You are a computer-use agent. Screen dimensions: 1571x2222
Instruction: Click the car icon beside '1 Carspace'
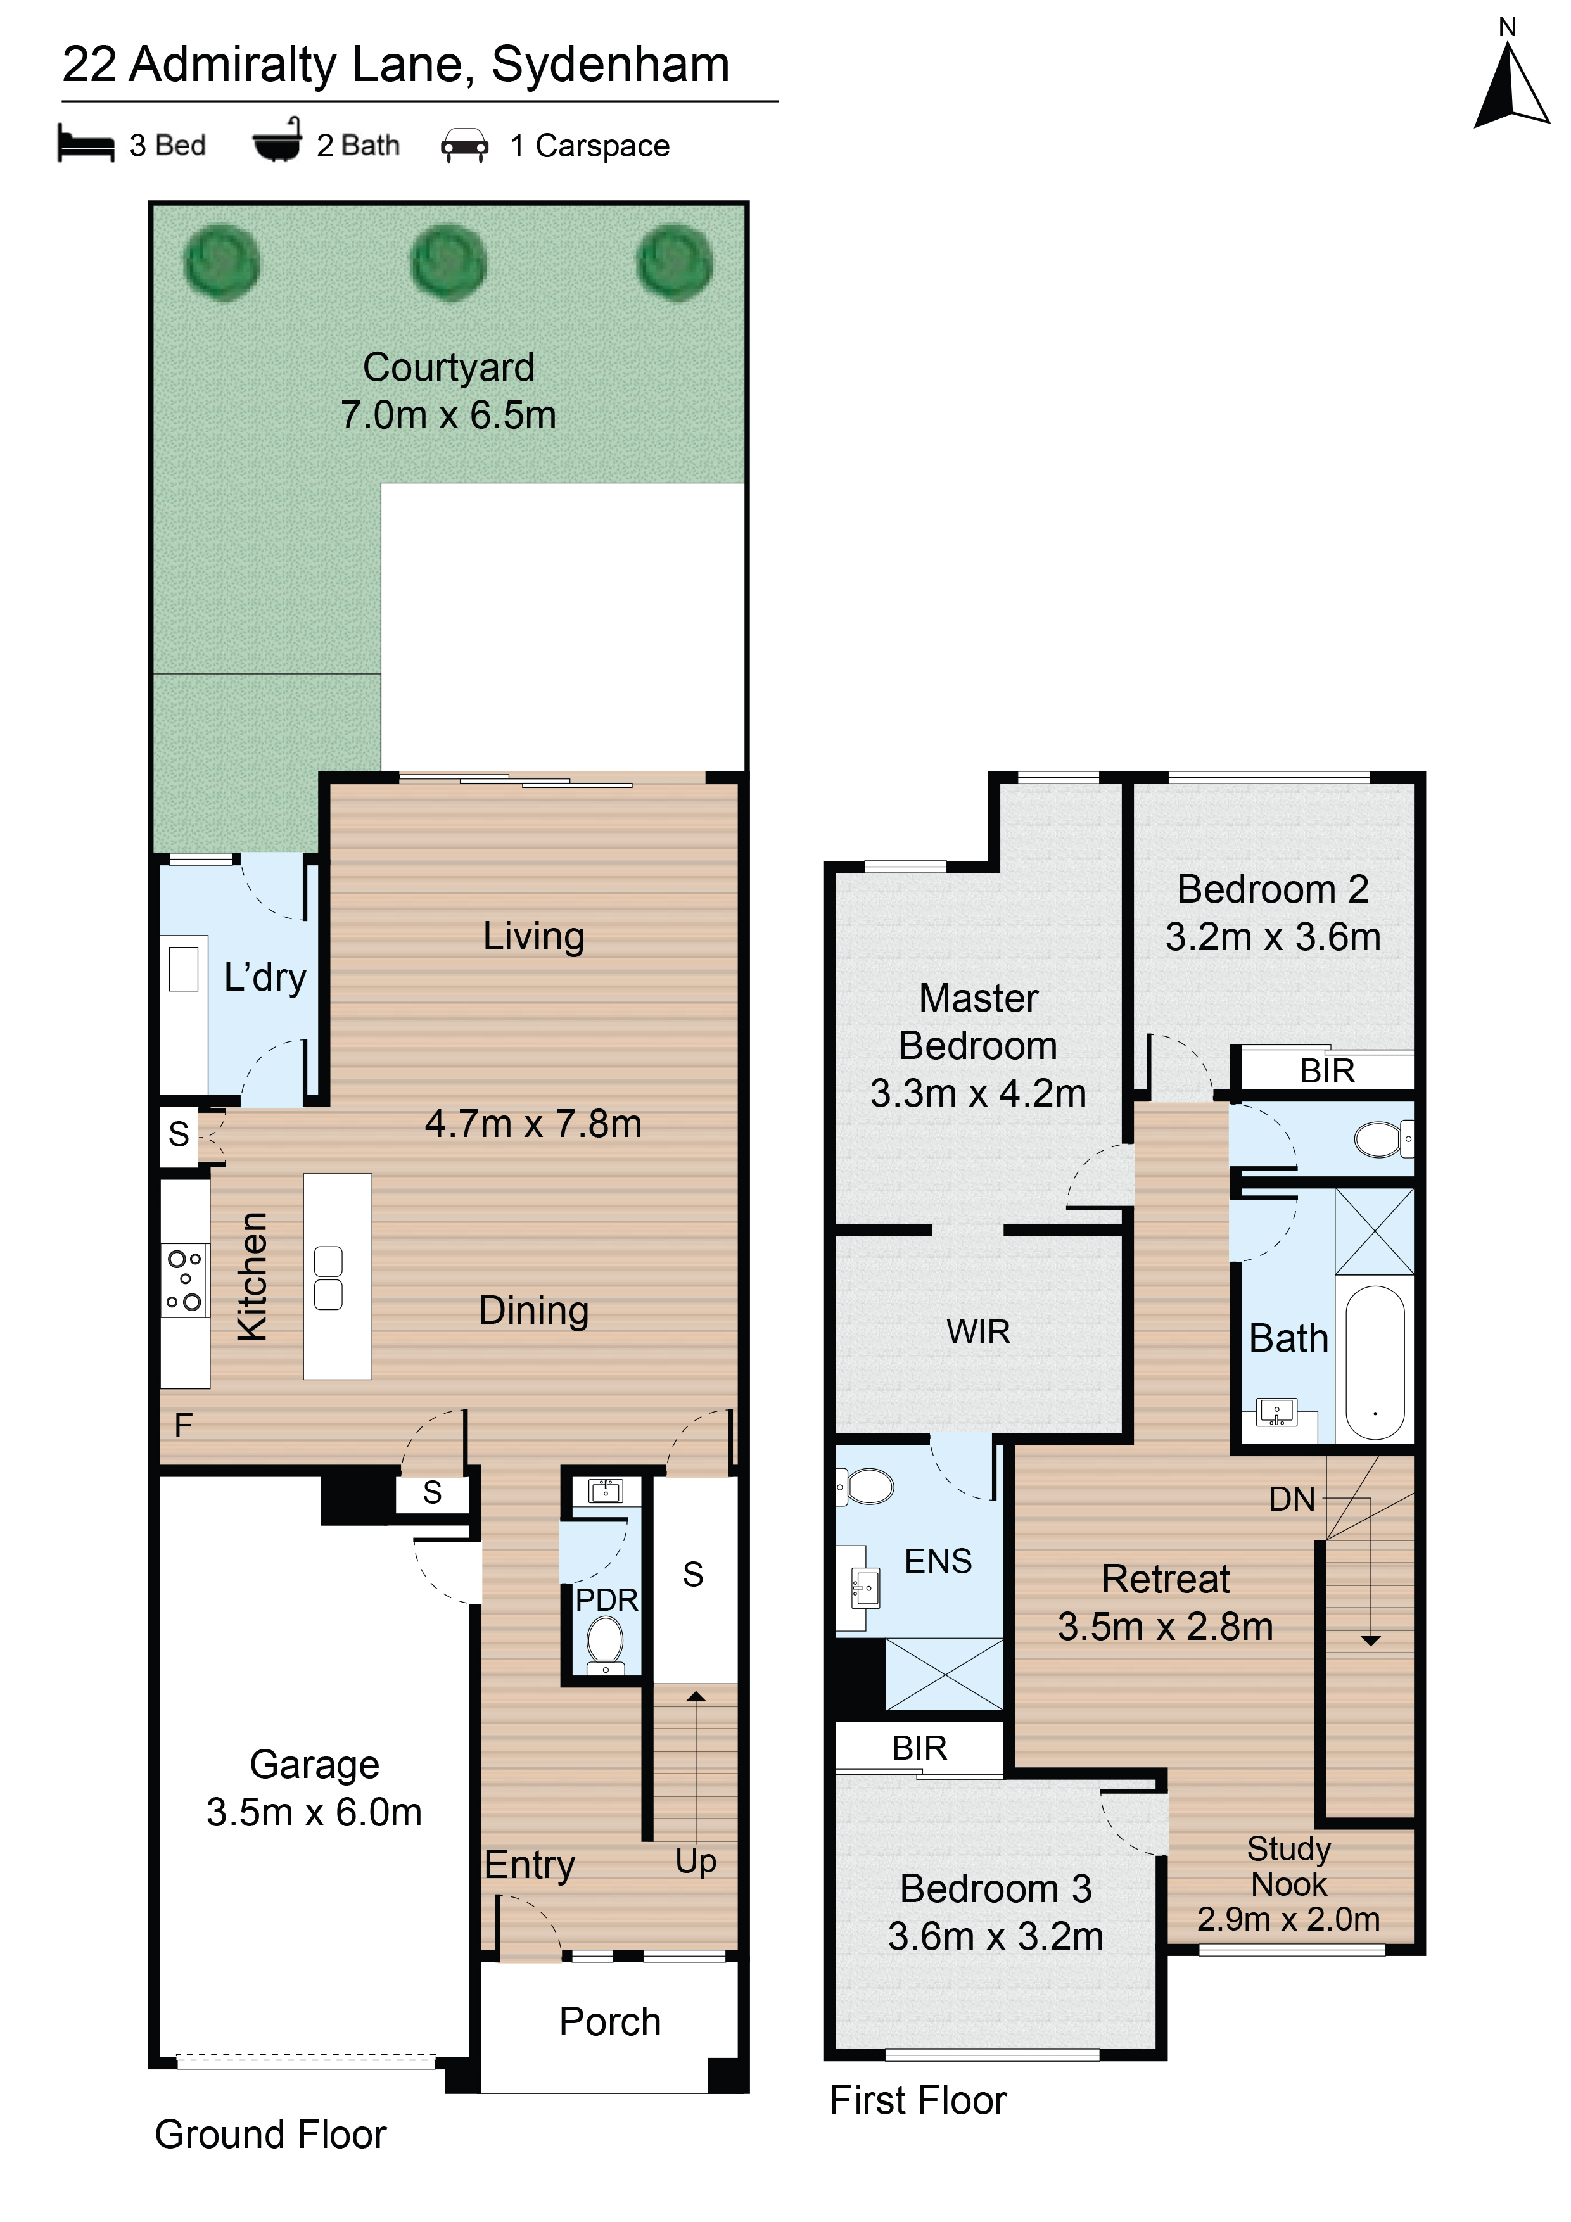pos(464,145)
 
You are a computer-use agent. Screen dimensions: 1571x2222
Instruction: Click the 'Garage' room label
pos(315,1764)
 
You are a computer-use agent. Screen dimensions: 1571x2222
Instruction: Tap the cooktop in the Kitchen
pos(184,1280)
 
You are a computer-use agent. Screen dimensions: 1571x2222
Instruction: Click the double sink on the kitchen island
pos(328,1278)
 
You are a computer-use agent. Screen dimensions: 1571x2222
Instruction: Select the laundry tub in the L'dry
pos(184,968)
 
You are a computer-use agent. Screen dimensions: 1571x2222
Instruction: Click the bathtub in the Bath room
pos(1375,1362)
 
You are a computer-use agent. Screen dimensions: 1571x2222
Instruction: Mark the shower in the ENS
pos(944,1674)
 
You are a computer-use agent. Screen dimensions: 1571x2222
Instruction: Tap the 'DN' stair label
pos(1292,1499)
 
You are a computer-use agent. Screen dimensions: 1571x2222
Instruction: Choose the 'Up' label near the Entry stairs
pos(696,1861)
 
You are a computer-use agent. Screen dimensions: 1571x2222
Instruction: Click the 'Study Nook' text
pos(1289,1866)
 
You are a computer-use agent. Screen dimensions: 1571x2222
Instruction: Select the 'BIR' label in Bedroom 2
pos(1327,1071)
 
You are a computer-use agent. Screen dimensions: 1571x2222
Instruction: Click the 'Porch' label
pos(610,2022)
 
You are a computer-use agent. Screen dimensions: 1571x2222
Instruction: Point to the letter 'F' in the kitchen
pos(183,1426)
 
